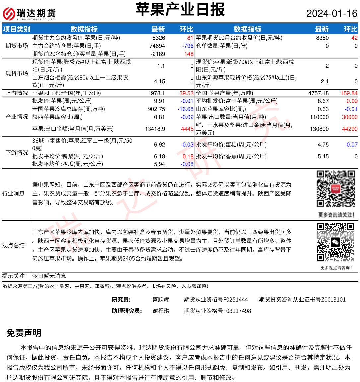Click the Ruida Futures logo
29,14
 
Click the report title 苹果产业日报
180,10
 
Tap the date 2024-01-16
331,13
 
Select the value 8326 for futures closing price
159,38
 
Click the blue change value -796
188,46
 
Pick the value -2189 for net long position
158,54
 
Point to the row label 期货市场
17,46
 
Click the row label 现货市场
17,73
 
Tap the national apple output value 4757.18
318,93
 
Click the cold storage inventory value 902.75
156,109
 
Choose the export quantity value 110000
319,117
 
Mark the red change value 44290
350,129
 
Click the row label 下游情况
17,152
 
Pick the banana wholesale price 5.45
323,156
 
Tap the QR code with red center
335,189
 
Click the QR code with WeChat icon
335,242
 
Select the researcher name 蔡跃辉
161,300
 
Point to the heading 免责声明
24,333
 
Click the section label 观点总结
13,245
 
